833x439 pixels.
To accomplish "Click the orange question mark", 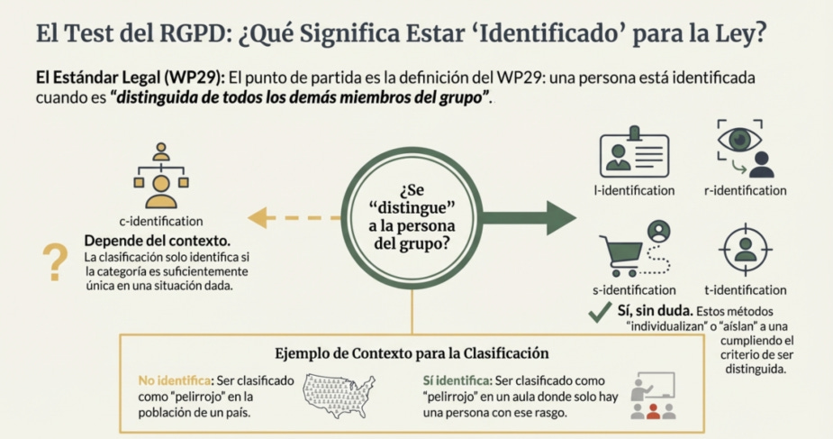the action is (56, 263).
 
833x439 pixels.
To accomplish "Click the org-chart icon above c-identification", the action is (161, 176).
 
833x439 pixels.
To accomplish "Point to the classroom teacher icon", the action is (653, 397).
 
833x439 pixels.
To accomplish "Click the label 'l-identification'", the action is (634, 191).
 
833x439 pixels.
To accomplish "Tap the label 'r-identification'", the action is (745, 191).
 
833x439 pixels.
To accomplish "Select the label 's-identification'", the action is (634, 290).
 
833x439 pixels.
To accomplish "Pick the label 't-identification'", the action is (745, 290).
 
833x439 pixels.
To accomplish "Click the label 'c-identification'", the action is (161, 221).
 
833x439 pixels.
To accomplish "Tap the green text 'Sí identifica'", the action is (455, 380).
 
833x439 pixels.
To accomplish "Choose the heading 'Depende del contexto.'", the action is (157, 242).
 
